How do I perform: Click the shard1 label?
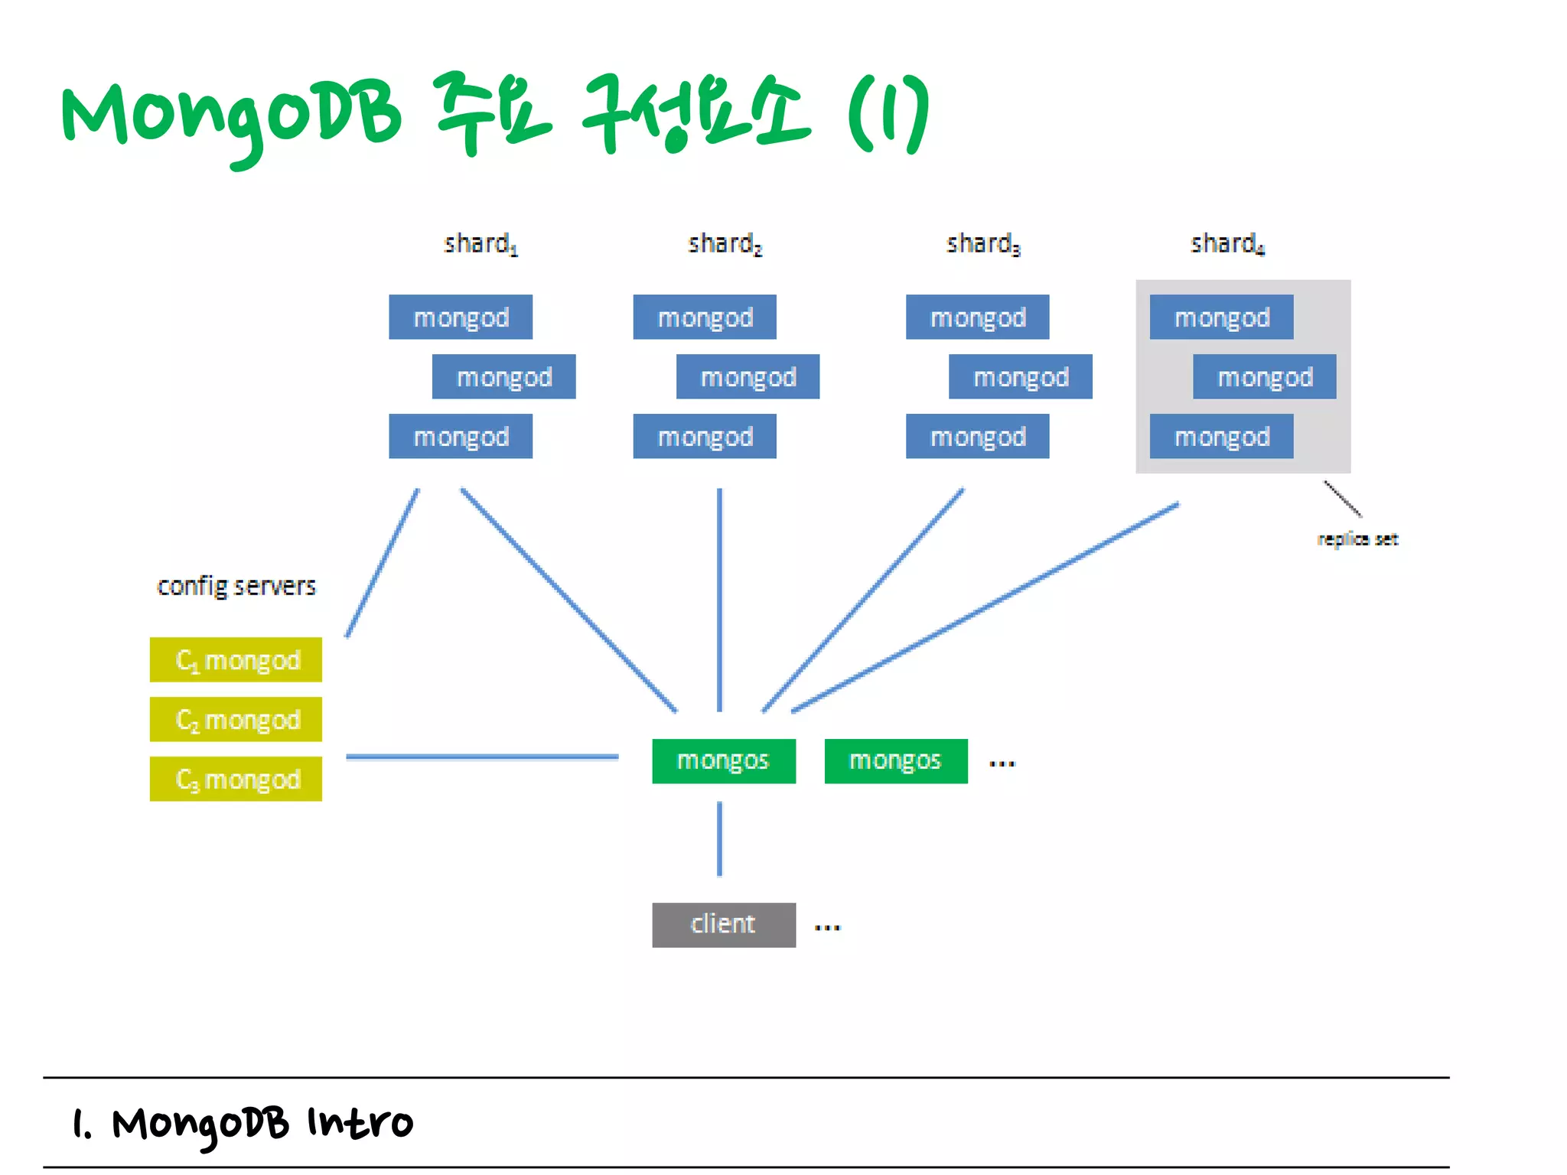pos(481,244)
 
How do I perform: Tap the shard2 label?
pos(725,244)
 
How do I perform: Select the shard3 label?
pos(983,244)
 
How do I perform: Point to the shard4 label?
pos(1227,244)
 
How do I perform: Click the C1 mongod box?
pos(236,659)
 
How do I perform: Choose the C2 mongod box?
pos(236,719)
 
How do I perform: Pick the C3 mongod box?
pos(236,779)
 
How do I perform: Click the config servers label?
pos(236,586)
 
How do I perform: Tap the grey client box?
pos(723,925)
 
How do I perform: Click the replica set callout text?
pos(1357,539)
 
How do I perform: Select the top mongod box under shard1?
pos(461,317)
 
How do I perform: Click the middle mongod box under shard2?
pos(748,376)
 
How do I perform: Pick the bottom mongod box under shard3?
pos(977,436)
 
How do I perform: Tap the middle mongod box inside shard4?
pos(1264,376)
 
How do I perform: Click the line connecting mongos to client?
pos(719,838)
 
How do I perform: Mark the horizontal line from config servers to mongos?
pos(482,757)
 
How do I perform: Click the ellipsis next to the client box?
pos(827,928)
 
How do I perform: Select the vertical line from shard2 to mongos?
pos(719,600)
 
